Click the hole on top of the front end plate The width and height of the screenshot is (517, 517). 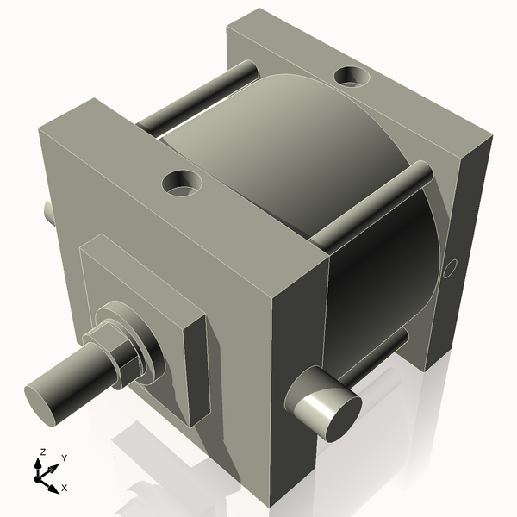[x=183, y=182]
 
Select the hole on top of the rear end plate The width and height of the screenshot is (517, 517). [x=352, y=77]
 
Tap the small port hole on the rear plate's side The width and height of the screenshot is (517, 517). [x=448, y=271]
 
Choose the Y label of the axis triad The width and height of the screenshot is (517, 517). [x=65, y=458]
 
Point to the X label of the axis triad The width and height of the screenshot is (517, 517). [x=65, y=487]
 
